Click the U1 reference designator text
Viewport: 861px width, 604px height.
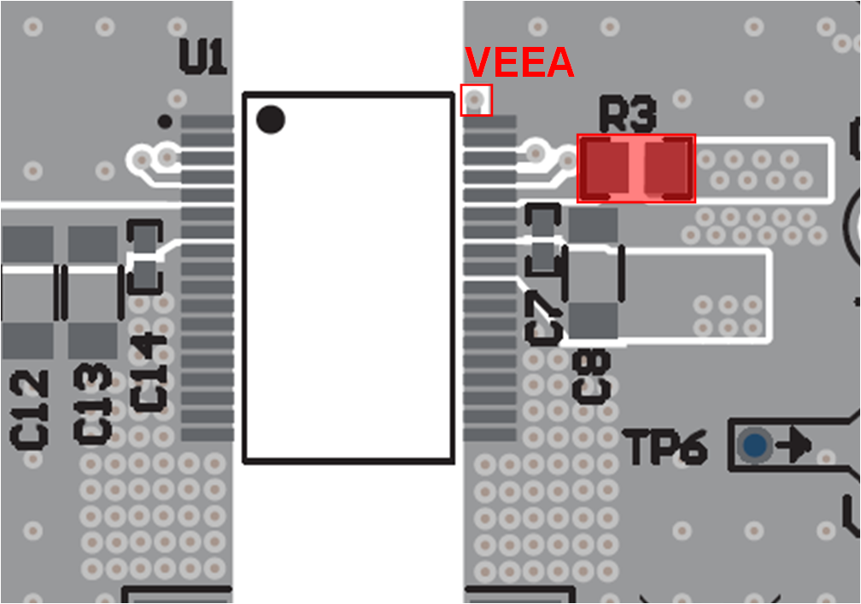click(203, 56)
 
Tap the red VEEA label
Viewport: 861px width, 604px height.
click(518, 63)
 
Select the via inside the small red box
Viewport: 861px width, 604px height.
click(476, 101)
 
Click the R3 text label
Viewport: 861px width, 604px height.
click(628, 115)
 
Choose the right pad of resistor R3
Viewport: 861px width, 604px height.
click(668, 168)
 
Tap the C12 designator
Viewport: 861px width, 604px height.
click(30, 409)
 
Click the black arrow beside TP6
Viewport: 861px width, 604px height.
click(795, 444)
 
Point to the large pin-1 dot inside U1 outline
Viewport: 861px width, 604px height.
click(271, 119)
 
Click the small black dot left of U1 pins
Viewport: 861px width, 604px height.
click(165, 121)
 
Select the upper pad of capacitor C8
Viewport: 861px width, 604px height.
click(593, 225)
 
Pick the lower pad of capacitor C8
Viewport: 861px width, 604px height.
click(593, 321)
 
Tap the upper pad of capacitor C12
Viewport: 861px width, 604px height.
click(27, 244)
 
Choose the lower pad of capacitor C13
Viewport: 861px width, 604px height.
click(92, 340)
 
